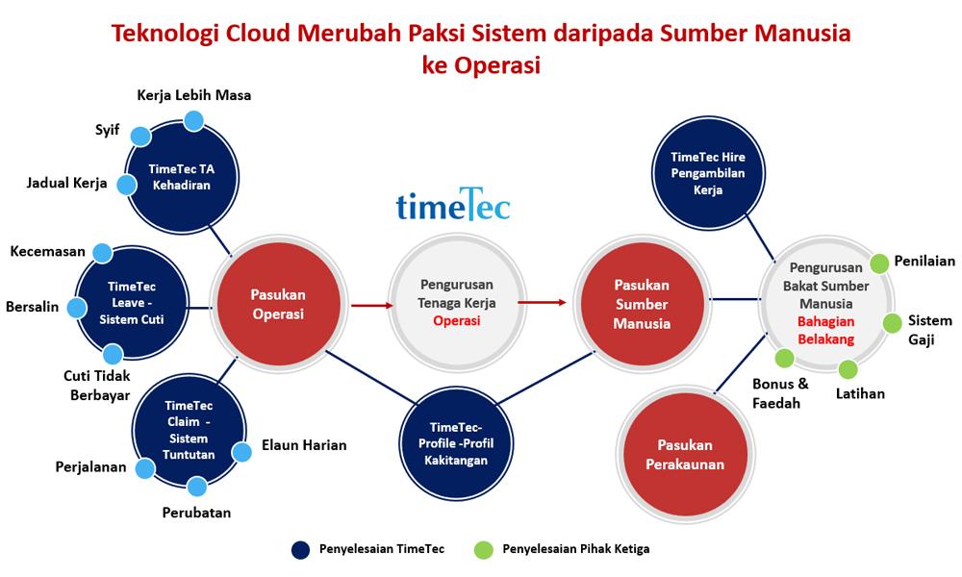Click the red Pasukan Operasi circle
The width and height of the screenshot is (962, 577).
[x=277, y=305]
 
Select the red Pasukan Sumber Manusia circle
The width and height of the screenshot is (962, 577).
[x=641, y=305]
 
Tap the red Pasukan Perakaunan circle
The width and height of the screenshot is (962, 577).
[x=685, y=455]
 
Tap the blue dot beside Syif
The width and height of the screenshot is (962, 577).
[x=140, y=136]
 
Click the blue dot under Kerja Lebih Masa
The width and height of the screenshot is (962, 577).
[x=193, y=120]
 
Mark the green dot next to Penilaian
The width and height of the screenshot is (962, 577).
[x=878, y=263]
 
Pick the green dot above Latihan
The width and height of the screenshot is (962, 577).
[x=848, y=369]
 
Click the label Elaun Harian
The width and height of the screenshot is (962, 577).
[x=304, y=445]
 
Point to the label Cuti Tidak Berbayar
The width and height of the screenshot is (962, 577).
[x=97, y=386]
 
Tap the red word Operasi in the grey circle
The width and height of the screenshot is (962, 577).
[x=456, y=320]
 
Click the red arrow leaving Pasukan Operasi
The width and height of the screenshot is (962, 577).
[x=371, y=306]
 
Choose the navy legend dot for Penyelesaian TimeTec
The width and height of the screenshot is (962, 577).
[x=301, y=550]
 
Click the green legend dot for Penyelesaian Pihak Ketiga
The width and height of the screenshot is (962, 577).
[x=485, y=550]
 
